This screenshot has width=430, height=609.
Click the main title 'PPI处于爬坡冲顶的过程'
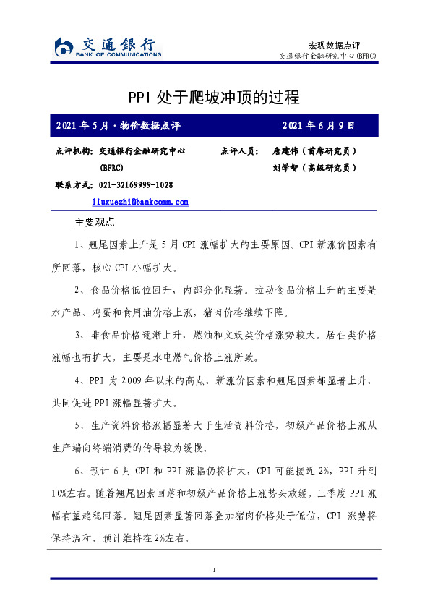coord(214,97)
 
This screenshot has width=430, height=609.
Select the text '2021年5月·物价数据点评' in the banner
coord(118,126)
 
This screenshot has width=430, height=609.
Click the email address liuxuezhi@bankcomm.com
coord(140,201)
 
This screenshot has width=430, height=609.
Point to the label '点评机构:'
coord(74,151)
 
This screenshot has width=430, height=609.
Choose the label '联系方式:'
coord(74,184)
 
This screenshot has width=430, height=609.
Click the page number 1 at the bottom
coord(215,571)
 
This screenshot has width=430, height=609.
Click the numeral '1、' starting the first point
coord(80,244)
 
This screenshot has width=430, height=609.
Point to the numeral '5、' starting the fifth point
coord(80,425)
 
